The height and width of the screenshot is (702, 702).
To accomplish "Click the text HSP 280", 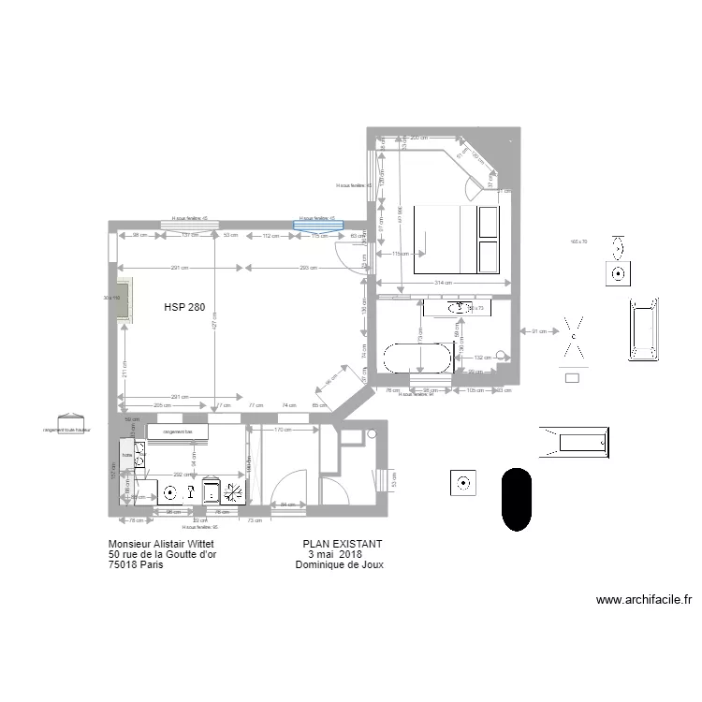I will [x=183, y=307].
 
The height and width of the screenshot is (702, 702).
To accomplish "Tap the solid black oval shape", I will [x=517, y=500].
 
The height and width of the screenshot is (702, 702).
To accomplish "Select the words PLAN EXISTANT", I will [x=342, y=544].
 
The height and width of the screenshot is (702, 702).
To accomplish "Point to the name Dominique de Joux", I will [x=339, y=564].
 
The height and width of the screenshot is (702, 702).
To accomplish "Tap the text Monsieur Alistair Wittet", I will [x=167, y=544].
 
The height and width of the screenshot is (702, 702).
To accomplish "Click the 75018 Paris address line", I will [x=135, y=564].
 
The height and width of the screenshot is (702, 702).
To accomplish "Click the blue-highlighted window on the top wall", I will [x=319, y=224].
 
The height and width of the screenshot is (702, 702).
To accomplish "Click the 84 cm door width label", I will [x=287, y=505].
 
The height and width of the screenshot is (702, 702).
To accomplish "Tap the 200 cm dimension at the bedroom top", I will [x=418, y=138].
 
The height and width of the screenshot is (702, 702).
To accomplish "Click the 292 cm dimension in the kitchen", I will [x=183, y=475].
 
